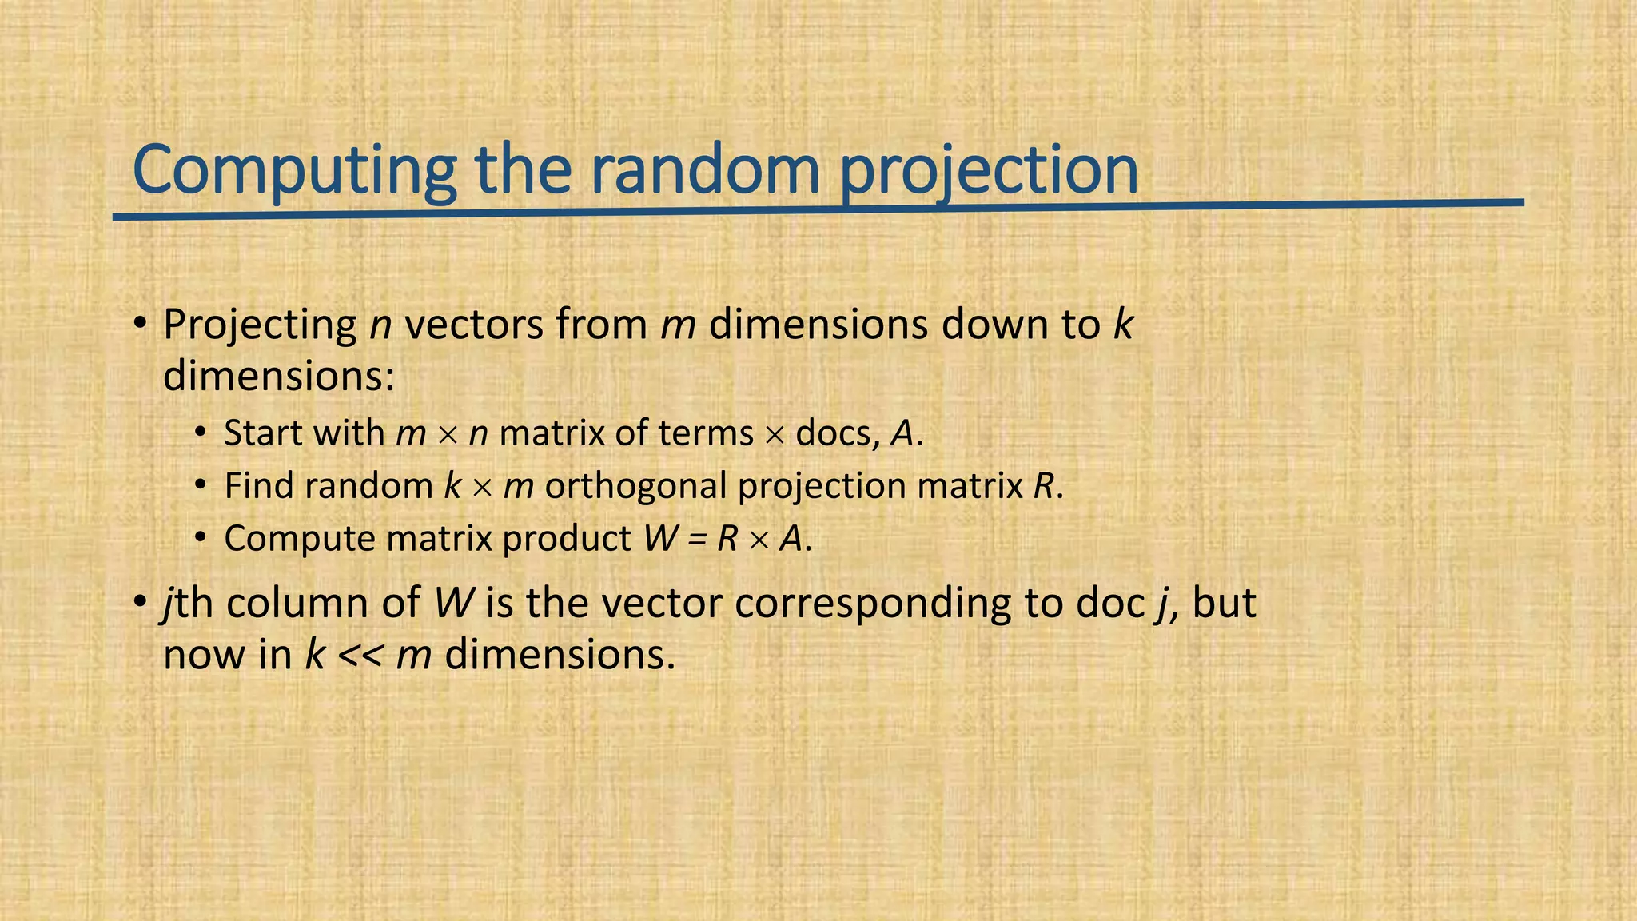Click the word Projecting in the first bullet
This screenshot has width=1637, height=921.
(x=260, y=325)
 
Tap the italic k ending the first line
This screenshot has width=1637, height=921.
(x=1123, y=325)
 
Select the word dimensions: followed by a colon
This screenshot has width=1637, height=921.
(x=279, y=376)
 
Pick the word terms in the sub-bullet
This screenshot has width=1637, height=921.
(x=706, y=433)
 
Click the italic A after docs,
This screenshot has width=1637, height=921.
(x=902, y=433)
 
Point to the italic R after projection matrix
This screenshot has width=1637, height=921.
(x=1043, y=486)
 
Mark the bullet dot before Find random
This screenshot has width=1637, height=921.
(x=201, y=486)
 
